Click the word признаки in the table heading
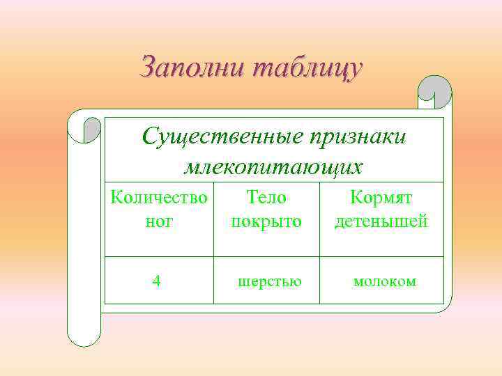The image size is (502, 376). tap(357, 136)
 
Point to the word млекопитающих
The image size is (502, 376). tap(273, 167)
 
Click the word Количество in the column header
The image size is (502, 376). tap(159, 198)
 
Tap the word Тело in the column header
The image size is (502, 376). tap(266, 198)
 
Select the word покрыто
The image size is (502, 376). tap(266, 221)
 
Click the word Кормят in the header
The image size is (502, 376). tap(381, 198)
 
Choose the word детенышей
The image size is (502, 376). tap(381, 221)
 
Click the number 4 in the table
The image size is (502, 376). tap(157, 281)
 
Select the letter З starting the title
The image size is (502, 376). tap(149, 68)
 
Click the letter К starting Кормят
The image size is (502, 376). tap(356, 198)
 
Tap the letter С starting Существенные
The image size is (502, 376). tap(150, 137)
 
